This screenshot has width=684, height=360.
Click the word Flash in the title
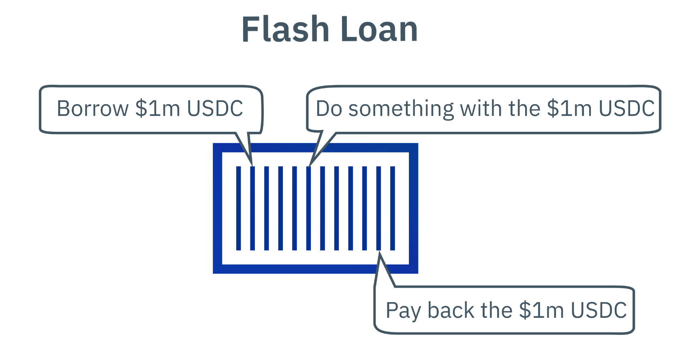pos(285,29)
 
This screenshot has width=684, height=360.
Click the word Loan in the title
pos(379,29)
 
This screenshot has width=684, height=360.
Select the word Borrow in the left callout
pos(92,109)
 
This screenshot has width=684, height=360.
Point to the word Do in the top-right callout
pos(329,109)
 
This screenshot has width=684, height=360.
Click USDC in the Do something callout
pos(626,109)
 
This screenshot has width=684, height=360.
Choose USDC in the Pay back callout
pos(599,311)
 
